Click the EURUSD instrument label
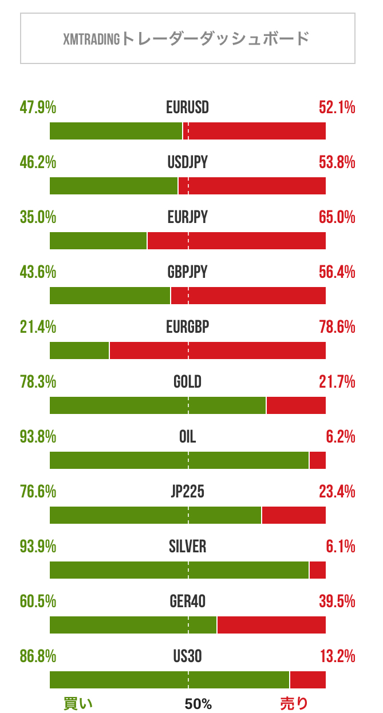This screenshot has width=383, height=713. click(188, 107)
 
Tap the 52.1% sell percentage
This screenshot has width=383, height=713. click(337, 107)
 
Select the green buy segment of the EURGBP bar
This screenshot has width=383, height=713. click(79, 350)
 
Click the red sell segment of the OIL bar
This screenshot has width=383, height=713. click(318, 460)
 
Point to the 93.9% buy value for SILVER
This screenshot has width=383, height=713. click(38, 547)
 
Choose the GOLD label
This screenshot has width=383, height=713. click(188, 382)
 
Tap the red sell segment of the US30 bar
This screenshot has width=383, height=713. click(308, 680)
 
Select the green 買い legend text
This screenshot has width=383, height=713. click(77, 703)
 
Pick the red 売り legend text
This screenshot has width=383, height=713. click(294, 703)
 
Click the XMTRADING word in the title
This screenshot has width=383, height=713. click(92, 39)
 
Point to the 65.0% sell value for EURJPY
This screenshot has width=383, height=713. click(337, 217)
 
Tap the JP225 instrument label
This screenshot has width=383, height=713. click(188, 492)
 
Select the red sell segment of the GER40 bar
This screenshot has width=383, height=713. click(271, 625)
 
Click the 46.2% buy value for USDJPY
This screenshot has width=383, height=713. click(38, 162)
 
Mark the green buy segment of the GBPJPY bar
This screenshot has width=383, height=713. click(110, 296)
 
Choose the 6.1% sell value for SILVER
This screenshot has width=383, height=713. click(341, 547)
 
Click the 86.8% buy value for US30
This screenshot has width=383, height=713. click(38, 656)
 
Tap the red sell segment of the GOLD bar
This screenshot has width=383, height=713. click(296, 405)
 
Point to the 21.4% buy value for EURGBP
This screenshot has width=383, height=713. click(38, 327)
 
